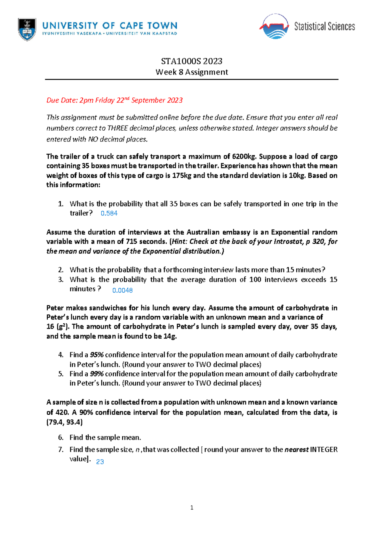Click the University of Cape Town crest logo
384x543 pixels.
27,29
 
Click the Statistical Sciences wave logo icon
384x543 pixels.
275,27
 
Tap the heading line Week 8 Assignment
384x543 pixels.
192,72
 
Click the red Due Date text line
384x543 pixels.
114,100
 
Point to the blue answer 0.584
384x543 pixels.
109,214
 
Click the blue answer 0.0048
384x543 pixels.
122,290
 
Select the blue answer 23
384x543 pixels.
100,462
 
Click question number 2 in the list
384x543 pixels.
61,270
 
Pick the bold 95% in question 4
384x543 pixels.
97,355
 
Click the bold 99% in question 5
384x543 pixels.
97,374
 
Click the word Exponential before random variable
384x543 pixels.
290,232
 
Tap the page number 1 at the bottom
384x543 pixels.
192,507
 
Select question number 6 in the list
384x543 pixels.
61,437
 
